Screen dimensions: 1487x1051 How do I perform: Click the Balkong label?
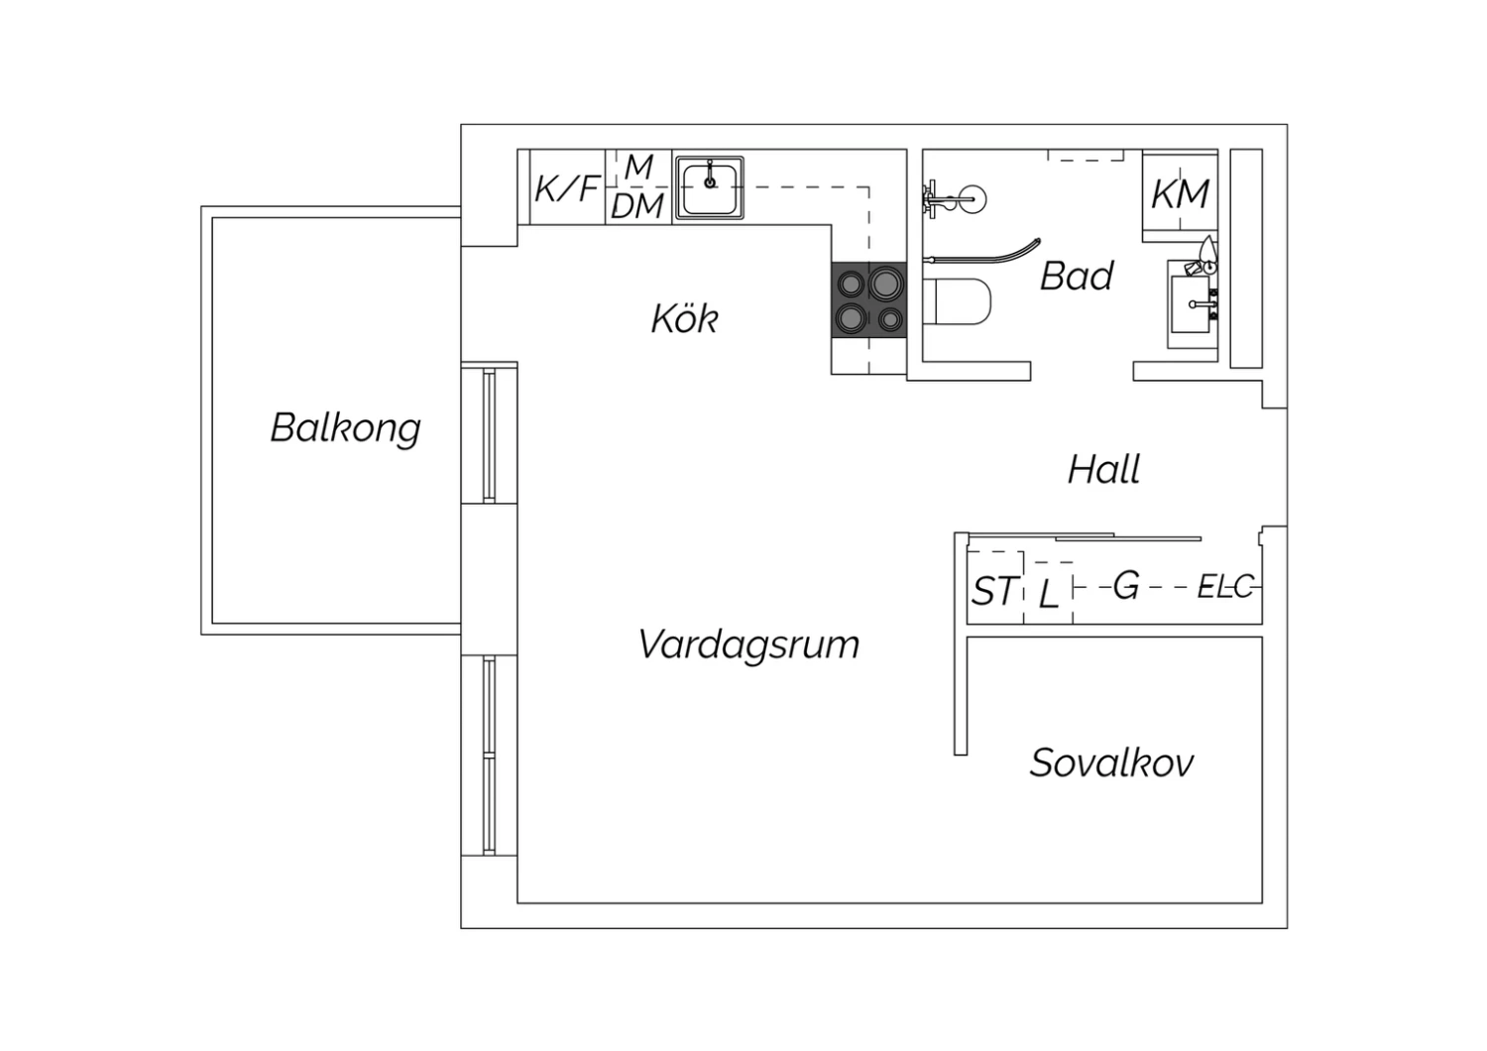tap(345, 428)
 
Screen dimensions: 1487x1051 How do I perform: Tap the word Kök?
tap(684, 318)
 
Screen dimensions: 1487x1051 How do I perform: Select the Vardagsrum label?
tap(748, 644)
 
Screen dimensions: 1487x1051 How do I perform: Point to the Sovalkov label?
tap(1112, 762)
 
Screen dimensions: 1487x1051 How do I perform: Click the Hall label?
tap(1104, 470)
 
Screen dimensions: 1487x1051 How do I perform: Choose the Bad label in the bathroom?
tap(1076, 277)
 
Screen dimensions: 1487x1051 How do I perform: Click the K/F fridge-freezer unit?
tap(568, 187)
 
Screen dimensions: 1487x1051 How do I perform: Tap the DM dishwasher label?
tap(637, 207)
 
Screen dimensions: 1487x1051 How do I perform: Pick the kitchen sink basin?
tap(710, 188)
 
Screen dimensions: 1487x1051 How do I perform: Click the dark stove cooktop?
tap(869, 299)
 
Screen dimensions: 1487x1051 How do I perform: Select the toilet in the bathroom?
tap(957, 301)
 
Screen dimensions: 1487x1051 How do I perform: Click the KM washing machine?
tap(1180, 194)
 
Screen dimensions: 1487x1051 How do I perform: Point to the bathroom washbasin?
tap(1193, 304)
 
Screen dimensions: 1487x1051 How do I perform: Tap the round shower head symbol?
tap(972, 199)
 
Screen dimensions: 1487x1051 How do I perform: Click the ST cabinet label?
tap(993, 591)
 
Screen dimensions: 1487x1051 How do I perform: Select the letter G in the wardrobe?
tap(1126, 585)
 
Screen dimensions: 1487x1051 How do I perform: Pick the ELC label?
tap(1225, 586)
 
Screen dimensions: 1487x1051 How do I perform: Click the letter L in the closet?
tap(1048, 594)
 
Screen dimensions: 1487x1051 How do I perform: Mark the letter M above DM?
tap(639, 167)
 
